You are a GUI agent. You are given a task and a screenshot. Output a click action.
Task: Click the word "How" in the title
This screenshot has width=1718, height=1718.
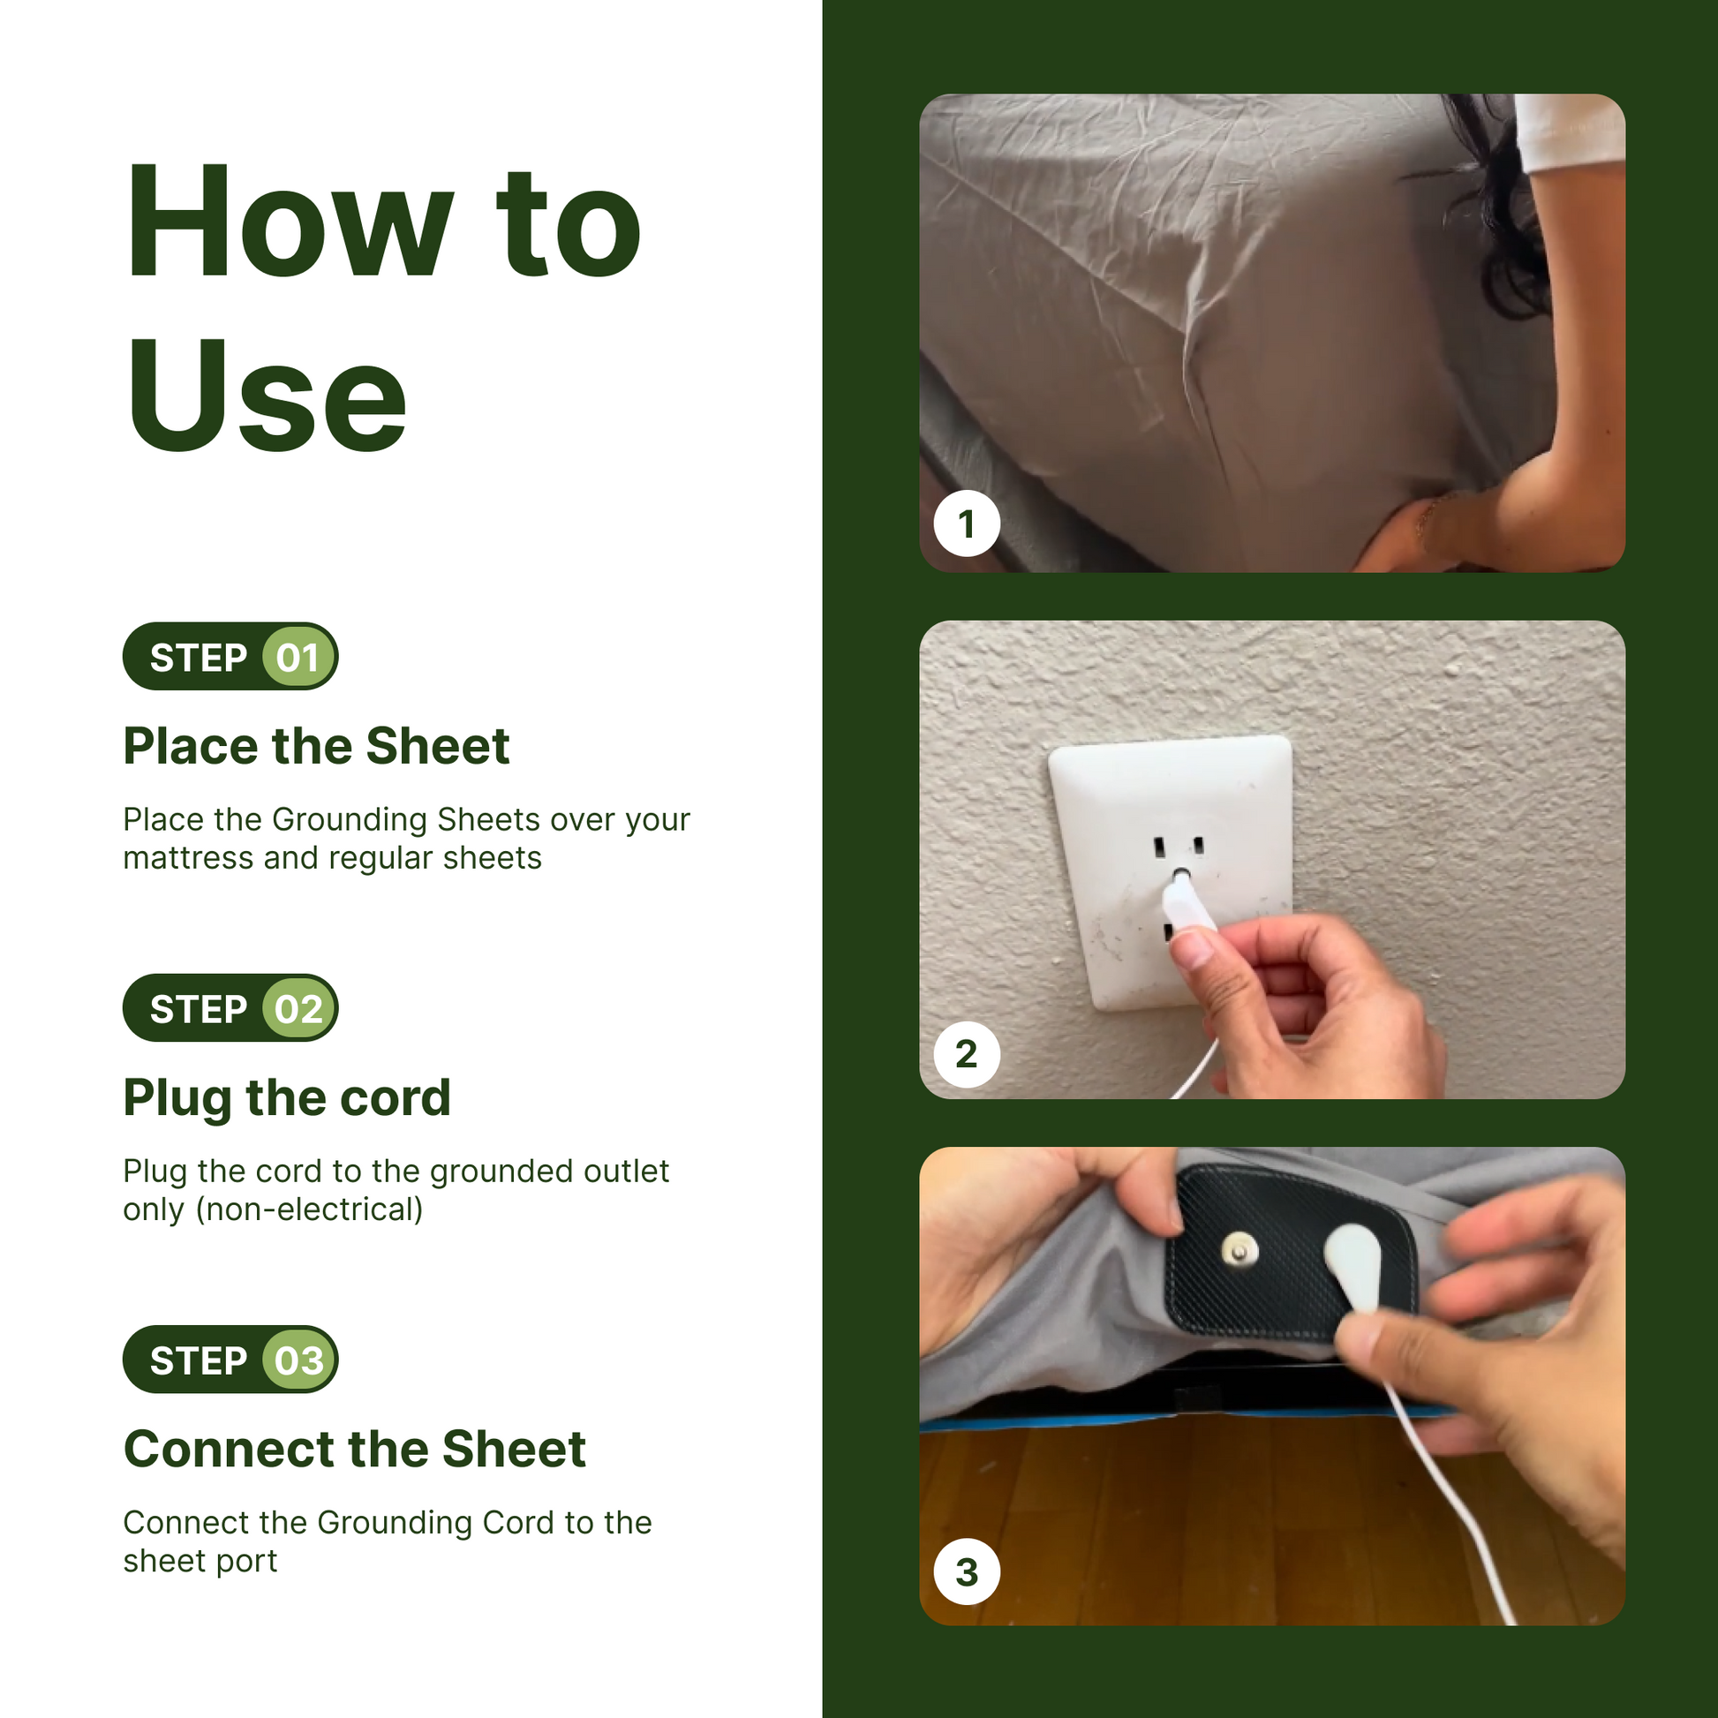pos(290,222)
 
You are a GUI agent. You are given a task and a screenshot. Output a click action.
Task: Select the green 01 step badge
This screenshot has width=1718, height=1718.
pos(298,657)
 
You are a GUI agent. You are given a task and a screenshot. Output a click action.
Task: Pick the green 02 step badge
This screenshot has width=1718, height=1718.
pos(298,1008)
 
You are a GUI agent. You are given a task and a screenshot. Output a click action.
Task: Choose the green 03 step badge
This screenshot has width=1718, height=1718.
pos(298,1360)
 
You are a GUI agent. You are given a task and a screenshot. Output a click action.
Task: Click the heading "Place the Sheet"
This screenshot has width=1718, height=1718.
pos(317,745)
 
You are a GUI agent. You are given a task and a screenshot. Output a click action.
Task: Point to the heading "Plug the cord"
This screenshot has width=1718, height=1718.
pos(287,1098)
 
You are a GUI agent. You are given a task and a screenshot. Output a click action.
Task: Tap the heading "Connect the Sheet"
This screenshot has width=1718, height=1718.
pos(355,1449)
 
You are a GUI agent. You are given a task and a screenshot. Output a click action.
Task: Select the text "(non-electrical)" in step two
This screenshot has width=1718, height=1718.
pos(310,1209)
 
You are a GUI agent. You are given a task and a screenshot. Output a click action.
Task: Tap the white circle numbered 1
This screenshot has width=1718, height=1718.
pos(967,523)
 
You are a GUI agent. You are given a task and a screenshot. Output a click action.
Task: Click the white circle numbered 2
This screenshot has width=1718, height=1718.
pos(967,1054)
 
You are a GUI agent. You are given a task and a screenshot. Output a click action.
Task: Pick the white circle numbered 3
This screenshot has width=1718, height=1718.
pos(967,1572)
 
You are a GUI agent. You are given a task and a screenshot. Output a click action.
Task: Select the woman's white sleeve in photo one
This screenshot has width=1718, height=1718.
pos(1571,132)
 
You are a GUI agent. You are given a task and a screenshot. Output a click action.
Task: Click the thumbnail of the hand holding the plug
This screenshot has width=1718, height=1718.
pos(1272,860)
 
